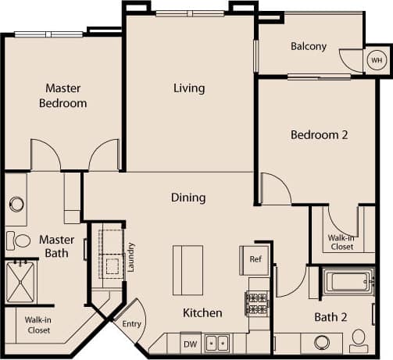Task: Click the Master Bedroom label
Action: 65,95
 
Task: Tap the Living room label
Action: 189,88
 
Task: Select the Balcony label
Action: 309,46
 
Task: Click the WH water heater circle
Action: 376,60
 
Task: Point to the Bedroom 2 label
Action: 319,134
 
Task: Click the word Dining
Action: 188,198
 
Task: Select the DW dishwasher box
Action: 190,343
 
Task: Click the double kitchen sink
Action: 216,343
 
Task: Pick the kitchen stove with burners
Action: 257,301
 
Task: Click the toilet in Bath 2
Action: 359,339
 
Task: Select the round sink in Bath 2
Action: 321,342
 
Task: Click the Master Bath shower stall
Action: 22,282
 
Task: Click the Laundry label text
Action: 131,255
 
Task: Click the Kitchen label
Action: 202,313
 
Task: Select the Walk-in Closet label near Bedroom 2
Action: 341,242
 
